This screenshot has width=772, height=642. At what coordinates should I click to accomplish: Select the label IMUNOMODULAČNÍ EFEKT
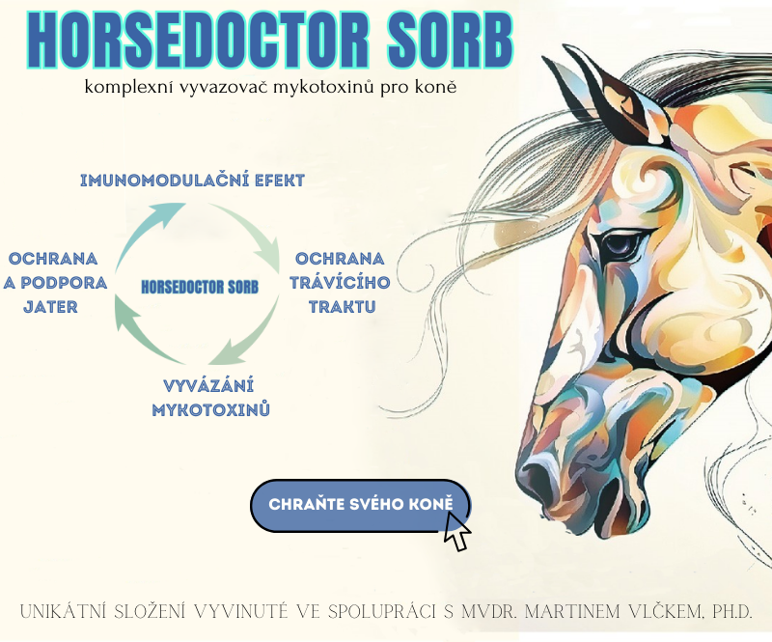(x=192, y=181)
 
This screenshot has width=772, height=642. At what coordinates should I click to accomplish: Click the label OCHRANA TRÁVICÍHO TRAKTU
(x=341, y=283)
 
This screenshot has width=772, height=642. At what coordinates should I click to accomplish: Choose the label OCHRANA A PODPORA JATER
(x=53, y=283)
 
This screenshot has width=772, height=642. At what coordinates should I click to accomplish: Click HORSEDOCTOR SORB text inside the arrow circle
(x=200, y=288)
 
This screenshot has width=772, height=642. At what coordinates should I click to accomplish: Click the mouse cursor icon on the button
(x=456, y=531)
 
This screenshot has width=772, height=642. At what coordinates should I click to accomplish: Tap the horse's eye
(x=620, y=245)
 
